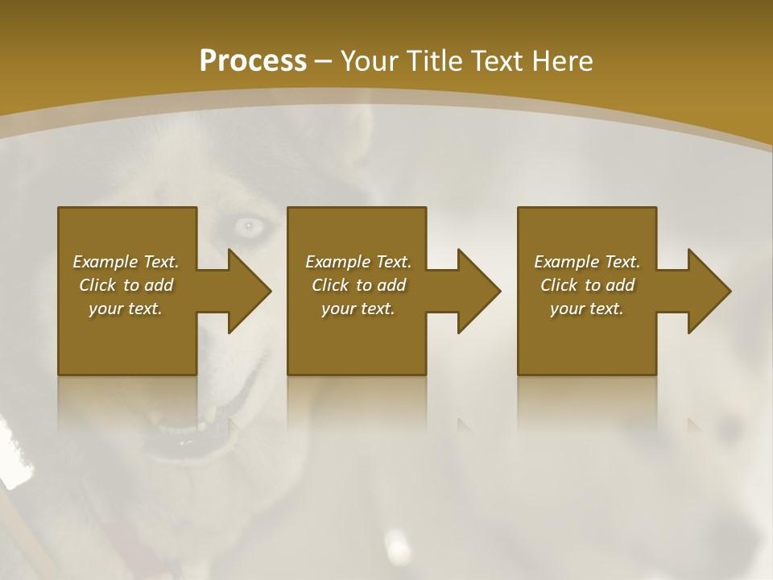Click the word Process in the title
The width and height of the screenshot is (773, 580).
(x=253, y=61)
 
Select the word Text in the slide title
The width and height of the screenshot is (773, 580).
(x=498, y=61)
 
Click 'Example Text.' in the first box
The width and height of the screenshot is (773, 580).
(x=126, y=262)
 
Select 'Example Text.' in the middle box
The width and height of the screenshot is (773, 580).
(x=358, y=262)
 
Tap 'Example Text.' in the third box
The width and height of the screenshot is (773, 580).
(x=587, y=262)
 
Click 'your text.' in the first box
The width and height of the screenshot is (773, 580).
(x=126, y=309)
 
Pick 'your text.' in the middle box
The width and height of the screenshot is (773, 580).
(x=358, y=309)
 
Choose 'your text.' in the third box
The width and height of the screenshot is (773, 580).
(x=587, y=309)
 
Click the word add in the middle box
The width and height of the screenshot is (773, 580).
(x=391, y=285)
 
